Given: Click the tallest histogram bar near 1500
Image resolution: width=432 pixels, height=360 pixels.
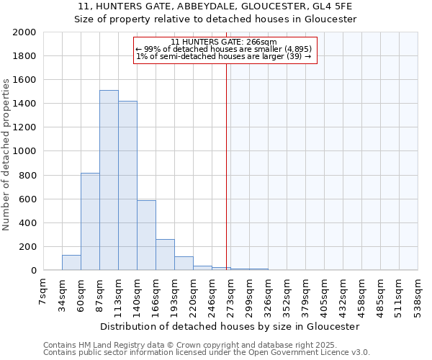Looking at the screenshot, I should pyautogui.click(x=109, y=180).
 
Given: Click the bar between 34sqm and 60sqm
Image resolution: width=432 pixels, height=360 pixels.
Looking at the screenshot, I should pyautogui.click(x=71, y=263).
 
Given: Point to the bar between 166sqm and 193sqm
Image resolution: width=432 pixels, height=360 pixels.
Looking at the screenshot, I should pyautogui.click(x=165, y=255).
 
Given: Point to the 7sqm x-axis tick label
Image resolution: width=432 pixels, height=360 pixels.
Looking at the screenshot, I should pyautogui.click(x=44, y=289).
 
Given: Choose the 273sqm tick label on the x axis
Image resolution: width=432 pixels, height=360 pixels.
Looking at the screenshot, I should pyautogui.click(x=231, y=293).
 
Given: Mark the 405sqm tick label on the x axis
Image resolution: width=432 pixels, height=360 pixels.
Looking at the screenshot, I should pyautogui.click(x=325, y=293).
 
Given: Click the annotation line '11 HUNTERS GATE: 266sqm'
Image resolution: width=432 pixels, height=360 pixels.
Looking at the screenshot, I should pyautogui.click(x=224, y=42).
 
